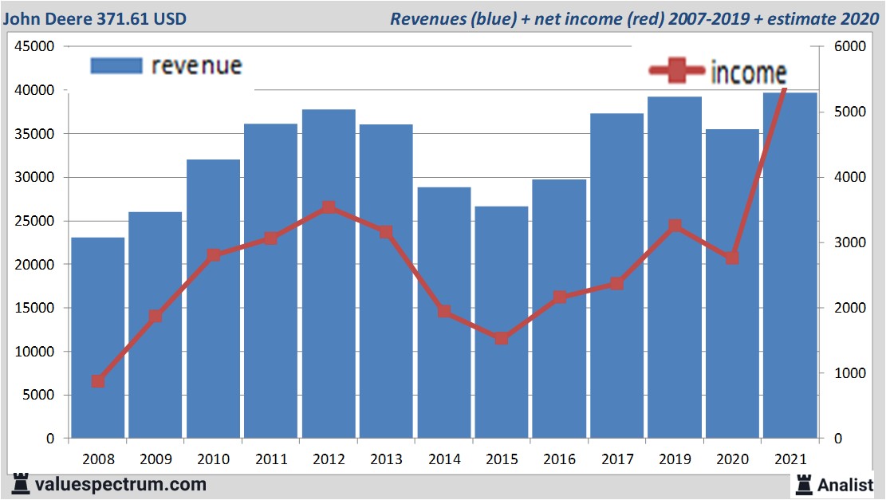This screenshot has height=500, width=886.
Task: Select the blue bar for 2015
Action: tap(501, 322)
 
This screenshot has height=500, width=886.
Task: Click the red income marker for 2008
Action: tap(98, 381)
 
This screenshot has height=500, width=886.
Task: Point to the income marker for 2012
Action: tap(329, 208)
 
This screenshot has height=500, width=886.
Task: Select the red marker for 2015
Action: tap(502, 338)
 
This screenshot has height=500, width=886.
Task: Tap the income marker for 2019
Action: tap(675, 226)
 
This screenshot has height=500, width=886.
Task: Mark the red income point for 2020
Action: tap(732, 258)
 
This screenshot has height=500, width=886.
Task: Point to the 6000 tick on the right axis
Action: tap(849, 47)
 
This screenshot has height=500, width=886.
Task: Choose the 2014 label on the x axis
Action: tap(443, 459)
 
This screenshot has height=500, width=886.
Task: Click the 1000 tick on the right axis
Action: tap(849, 373)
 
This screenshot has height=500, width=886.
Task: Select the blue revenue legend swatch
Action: tap(116, 65)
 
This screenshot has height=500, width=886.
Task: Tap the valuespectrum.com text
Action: tap(120, 484)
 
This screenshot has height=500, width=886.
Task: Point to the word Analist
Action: tap(845, 484)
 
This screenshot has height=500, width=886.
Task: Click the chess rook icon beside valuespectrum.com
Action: tap(21, 483)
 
